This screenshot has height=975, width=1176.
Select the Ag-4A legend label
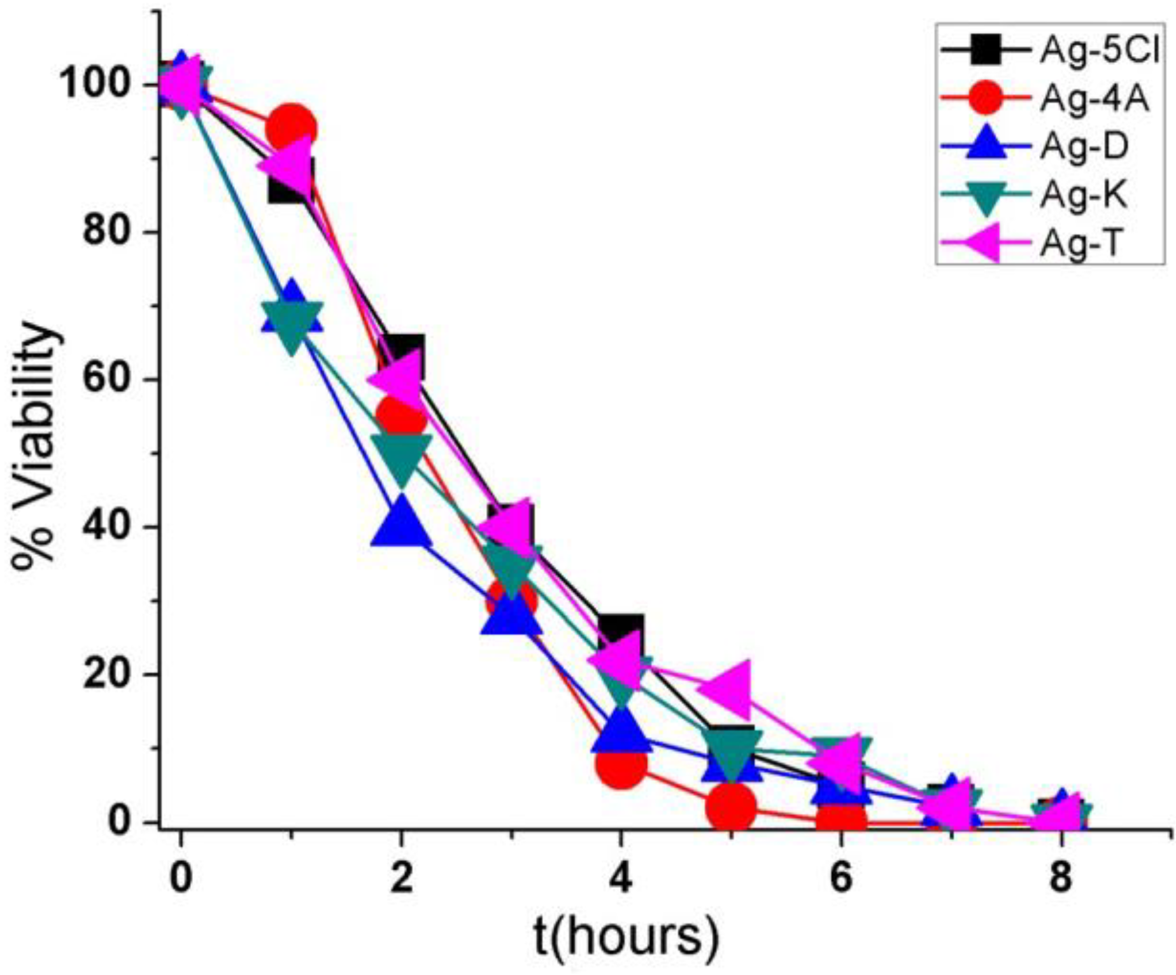(x=1095, y=99)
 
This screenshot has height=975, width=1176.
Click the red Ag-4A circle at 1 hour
(x=291, y=129)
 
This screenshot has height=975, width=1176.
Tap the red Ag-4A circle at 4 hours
(x=621, y=763)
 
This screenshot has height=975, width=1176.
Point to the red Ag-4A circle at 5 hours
(x=732, y=807)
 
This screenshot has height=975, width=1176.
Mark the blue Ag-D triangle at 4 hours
(x=621, y=729)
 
